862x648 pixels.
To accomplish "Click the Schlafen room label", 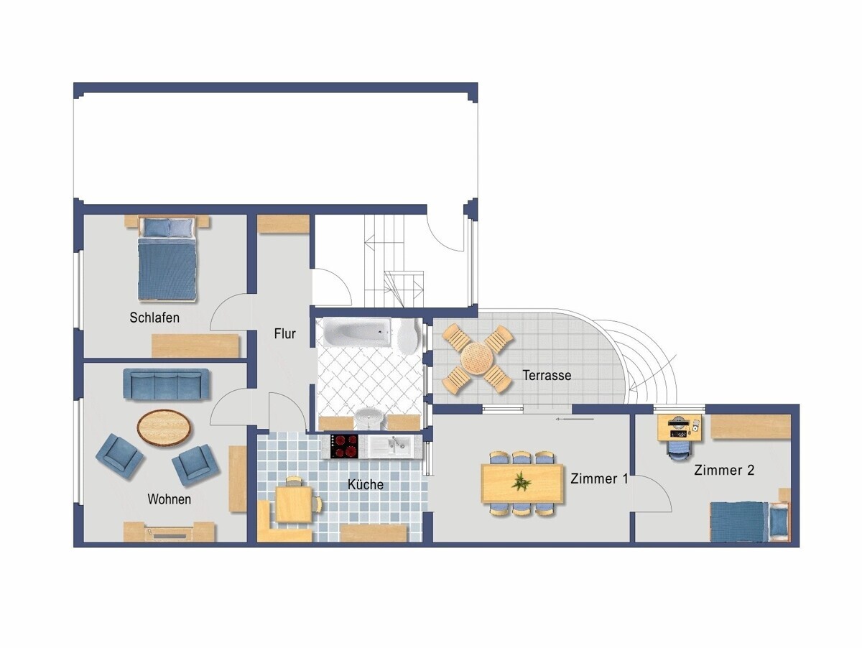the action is tap(154, 318).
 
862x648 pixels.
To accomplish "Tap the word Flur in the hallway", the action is tap(284, 333).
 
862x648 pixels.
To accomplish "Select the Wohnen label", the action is tap(170, 499).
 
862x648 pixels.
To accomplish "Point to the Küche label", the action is tap(365, 484).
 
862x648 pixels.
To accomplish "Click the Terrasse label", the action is tap(547, 375).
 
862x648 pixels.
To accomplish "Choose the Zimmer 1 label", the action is tap(599, 478).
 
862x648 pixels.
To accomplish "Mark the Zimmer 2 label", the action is tap(724, 470).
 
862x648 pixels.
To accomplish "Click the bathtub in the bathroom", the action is tap(357, 332).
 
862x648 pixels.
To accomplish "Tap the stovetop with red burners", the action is tap(344, 447).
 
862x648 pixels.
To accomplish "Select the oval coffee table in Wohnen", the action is tap(165, 427).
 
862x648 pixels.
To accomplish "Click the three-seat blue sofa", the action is tap(166, 384).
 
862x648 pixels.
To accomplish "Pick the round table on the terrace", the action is tap(477, 358).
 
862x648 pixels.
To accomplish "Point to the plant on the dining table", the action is tap(522, 482).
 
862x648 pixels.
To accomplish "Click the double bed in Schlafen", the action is tap(167, 259).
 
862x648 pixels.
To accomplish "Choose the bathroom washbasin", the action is tap(369, 420).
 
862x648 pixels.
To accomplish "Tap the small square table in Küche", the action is tap(294, 504).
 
